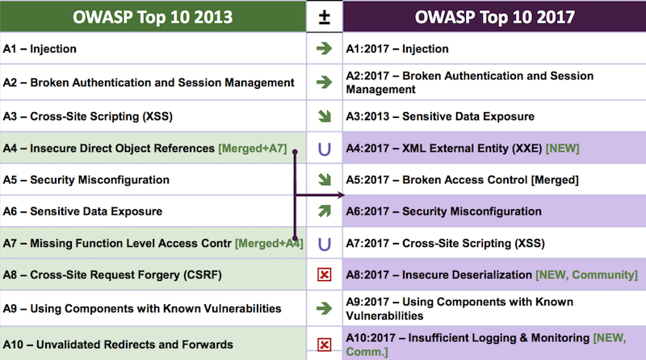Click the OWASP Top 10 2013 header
coord(153,17)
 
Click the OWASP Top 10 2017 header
coord(495,17)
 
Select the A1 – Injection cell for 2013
coord(40,49)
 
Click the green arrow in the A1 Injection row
coord(324,49)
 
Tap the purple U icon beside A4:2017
coord(324,148)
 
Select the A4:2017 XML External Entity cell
coord(444,148)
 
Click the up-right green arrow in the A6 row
coord(324,211)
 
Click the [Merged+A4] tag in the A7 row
coord(269,243)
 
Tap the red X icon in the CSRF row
coord(324,275)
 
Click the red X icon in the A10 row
coord(324,345)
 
